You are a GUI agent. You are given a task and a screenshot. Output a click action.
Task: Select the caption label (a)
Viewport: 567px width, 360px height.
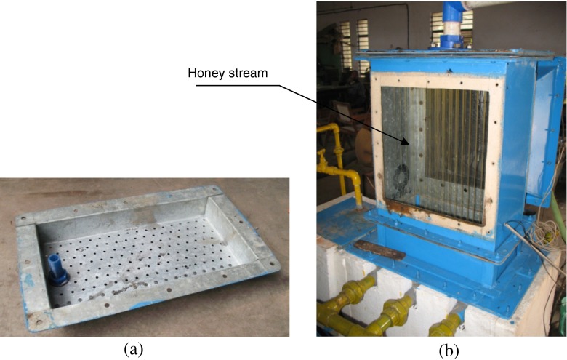click(x=132, y=350)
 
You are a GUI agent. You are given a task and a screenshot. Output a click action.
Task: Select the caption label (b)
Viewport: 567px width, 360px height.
click(x=448, y=350)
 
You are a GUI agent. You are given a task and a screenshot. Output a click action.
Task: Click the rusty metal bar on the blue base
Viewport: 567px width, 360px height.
click(x=379, y=251)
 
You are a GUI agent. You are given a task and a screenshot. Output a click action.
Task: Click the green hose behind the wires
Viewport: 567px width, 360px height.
click(x=560, y=218)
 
